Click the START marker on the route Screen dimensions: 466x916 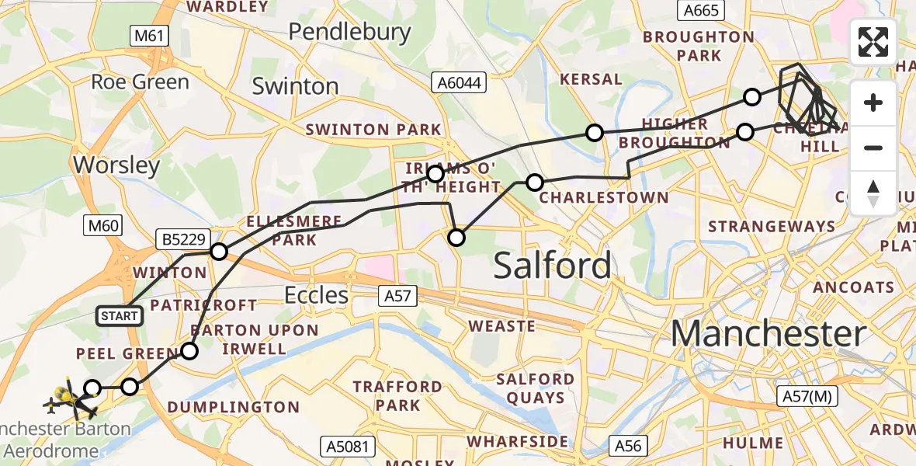point(119,315)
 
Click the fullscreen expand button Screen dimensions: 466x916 point(873,42)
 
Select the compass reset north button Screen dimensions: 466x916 point(873,193)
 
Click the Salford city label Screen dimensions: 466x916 point(552,266)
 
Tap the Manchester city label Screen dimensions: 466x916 point(768,334)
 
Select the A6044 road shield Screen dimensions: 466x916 point(459,82)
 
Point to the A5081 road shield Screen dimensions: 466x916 point(349,447)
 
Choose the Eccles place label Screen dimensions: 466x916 point(316,295)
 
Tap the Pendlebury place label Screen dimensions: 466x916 point(349,31)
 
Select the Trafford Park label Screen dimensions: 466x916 point(397,396)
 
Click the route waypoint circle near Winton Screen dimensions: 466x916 point(219,251)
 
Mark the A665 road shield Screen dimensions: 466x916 point(701,10)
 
